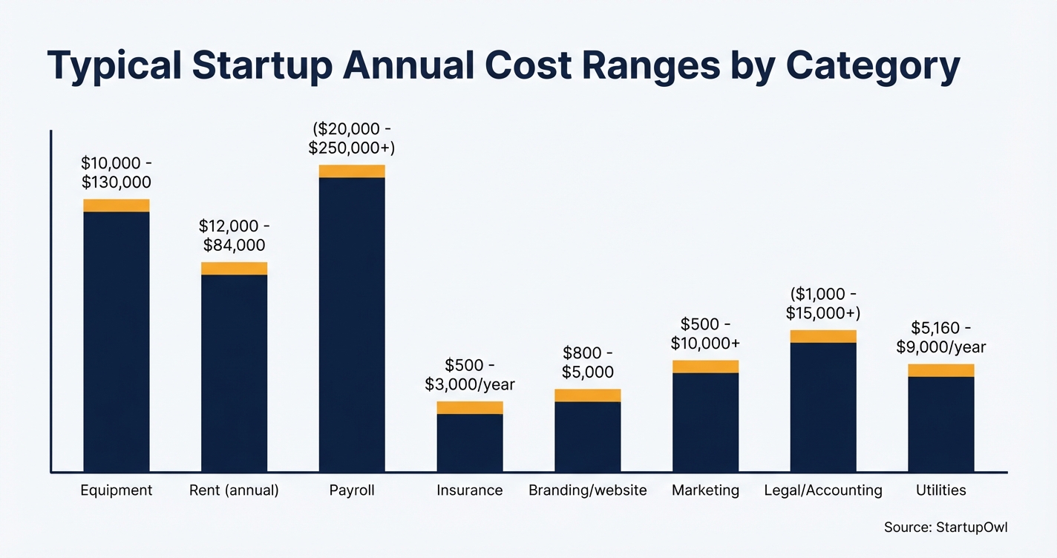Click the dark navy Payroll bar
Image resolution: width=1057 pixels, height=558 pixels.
[x=352, y=324]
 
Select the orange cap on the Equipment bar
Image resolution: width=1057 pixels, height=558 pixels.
[x=117, y=206]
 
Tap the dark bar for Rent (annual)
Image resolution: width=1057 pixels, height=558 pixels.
[x=234, y=372]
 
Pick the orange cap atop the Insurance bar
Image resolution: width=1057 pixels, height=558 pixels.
[x=470, y=407]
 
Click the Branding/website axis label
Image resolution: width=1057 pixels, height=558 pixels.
[x=587, y=490]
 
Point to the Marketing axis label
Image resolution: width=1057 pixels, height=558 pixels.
[x=705, y=490]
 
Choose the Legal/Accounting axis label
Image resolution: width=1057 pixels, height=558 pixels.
[x=823, y=490]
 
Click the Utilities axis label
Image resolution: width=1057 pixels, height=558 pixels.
[x=941, y=490]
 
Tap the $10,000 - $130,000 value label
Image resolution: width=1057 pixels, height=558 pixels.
[x=117, y=173]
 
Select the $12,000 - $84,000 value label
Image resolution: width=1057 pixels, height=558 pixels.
[x=234, y=235]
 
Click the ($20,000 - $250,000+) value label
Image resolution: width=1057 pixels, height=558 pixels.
[x=352, y=139]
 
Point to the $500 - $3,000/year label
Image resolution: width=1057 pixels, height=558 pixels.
[x=470, y=375]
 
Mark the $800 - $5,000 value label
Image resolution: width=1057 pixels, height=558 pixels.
[x=588, y=362]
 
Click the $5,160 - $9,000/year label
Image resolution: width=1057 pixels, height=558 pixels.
[x=941, y=338]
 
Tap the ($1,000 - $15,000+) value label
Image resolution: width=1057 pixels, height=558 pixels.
[x=823, y=303]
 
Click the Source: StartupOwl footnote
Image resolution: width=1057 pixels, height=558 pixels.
[x=946, y=527]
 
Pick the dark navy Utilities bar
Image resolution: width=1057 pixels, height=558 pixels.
[x=941, y=424]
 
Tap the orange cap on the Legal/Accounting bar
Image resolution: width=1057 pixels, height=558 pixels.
[x=823, y=336]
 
